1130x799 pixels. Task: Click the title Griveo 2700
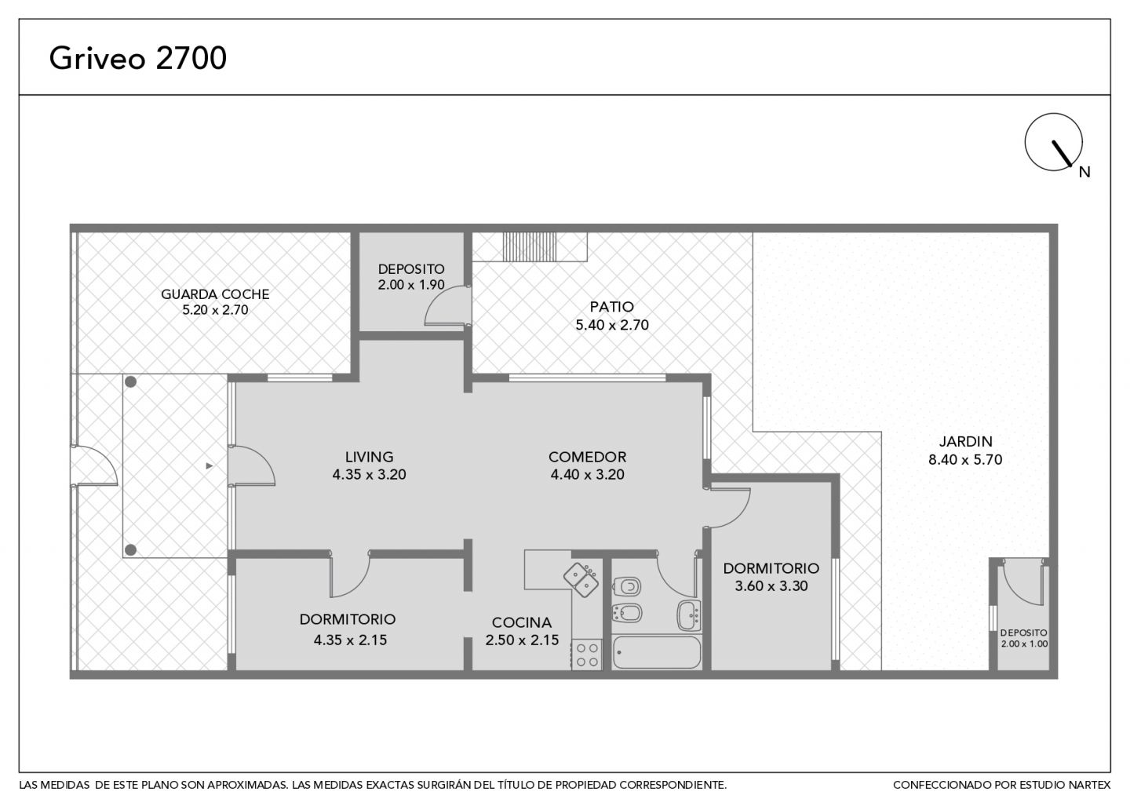(138, 58)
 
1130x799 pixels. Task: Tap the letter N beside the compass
(1084, 172)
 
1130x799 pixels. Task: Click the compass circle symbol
(1053, 142)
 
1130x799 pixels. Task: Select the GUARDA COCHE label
(215, 294)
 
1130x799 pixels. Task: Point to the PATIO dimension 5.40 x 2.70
(612, 325)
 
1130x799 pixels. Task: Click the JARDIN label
(965, 441)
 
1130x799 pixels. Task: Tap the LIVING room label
(370, 457)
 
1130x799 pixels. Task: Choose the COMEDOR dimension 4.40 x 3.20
(587, 474)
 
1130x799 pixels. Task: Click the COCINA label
(522, 622)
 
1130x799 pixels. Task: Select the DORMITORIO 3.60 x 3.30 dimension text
(771, 586)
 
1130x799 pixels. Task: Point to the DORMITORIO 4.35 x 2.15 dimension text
(350, 640)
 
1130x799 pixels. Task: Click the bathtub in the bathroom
(657, 652)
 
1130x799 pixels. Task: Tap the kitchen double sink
(581, 580)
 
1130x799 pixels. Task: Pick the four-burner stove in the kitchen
(587, 655)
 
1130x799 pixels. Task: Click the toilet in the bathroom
(626, 586)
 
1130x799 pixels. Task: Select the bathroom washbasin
(689, 615)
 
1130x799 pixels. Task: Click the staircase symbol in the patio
(530, 246)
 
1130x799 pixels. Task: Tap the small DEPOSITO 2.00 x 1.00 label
(1024, 638)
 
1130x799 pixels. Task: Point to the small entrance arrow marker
(210, 466)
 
